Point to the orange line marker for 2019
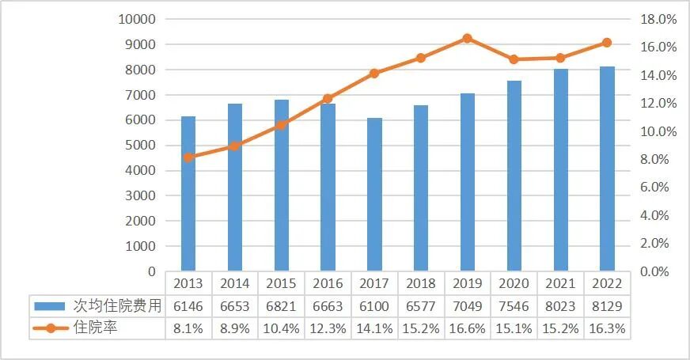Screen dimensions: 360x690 [468, 38]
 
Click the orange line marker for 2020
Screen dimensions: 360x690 [514, 59]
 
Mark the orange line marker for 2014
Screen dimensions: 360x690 [234, 146]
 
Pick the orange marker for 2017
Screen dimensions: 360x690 [374, 74]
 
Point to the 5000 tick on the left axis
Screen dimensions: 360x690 [142, 146]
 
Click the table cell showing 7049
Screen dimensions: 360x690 [468, 305]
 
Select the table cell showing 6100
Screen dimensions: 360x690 [374, 305]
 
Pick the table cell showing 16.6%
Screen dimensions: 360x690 [468, 328]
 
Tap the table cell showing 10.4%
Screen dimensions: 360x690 [281, 328]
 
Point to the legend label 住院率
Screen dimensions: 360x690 [95, 328]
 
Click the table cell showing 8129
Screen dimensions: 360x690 [607, 305]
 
